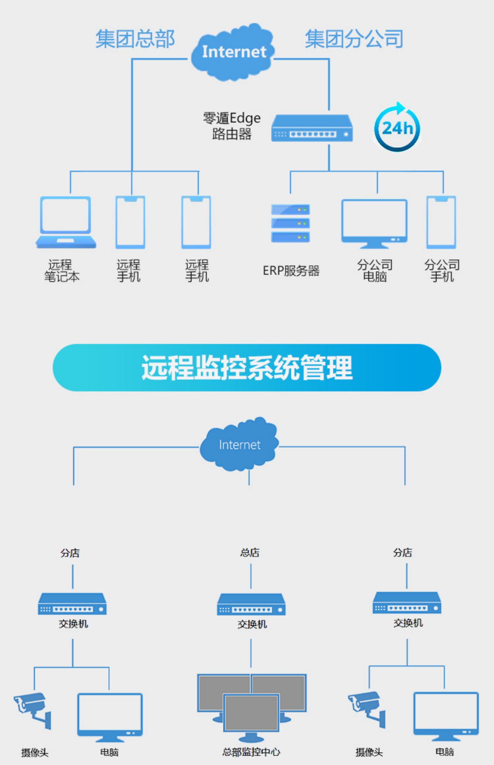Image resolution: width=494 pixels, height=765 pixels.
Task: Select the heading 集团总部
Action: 135,39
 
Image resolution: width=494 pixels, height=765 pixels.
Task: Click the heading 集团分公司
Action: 354,39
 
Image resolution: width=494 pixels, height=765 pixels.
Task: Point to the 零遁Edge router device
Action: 312,128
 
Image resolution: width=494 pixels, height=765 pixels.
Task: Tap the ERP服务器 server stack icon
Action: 290,223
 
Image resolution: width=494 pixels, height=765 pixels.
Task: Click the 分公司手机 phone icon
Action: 441,222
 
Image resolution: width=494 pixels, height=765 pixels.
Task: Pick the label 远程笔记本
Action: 62,271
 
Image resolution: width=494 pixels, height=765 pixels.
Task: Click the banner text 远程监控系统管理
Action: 247,368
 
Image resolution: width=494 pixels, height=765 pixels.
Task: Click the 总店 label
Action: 250,552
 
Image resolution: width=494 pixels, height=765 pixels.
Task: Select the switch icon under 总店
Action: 251,604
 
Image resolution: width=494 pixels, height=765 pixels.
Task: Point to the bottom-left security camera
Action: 32,708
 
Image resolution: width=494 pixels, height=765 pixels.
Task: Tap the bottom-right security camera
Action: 367,708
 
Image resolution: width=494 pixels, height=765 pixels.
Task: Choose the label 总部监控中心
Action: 251,752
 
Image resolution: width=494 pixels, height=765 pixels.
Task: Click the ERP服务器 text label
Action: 291,271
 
